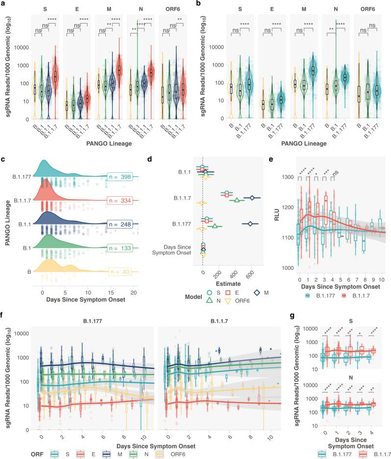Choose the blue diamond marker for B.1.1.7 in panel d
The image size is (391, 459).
tap(252, 198)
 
